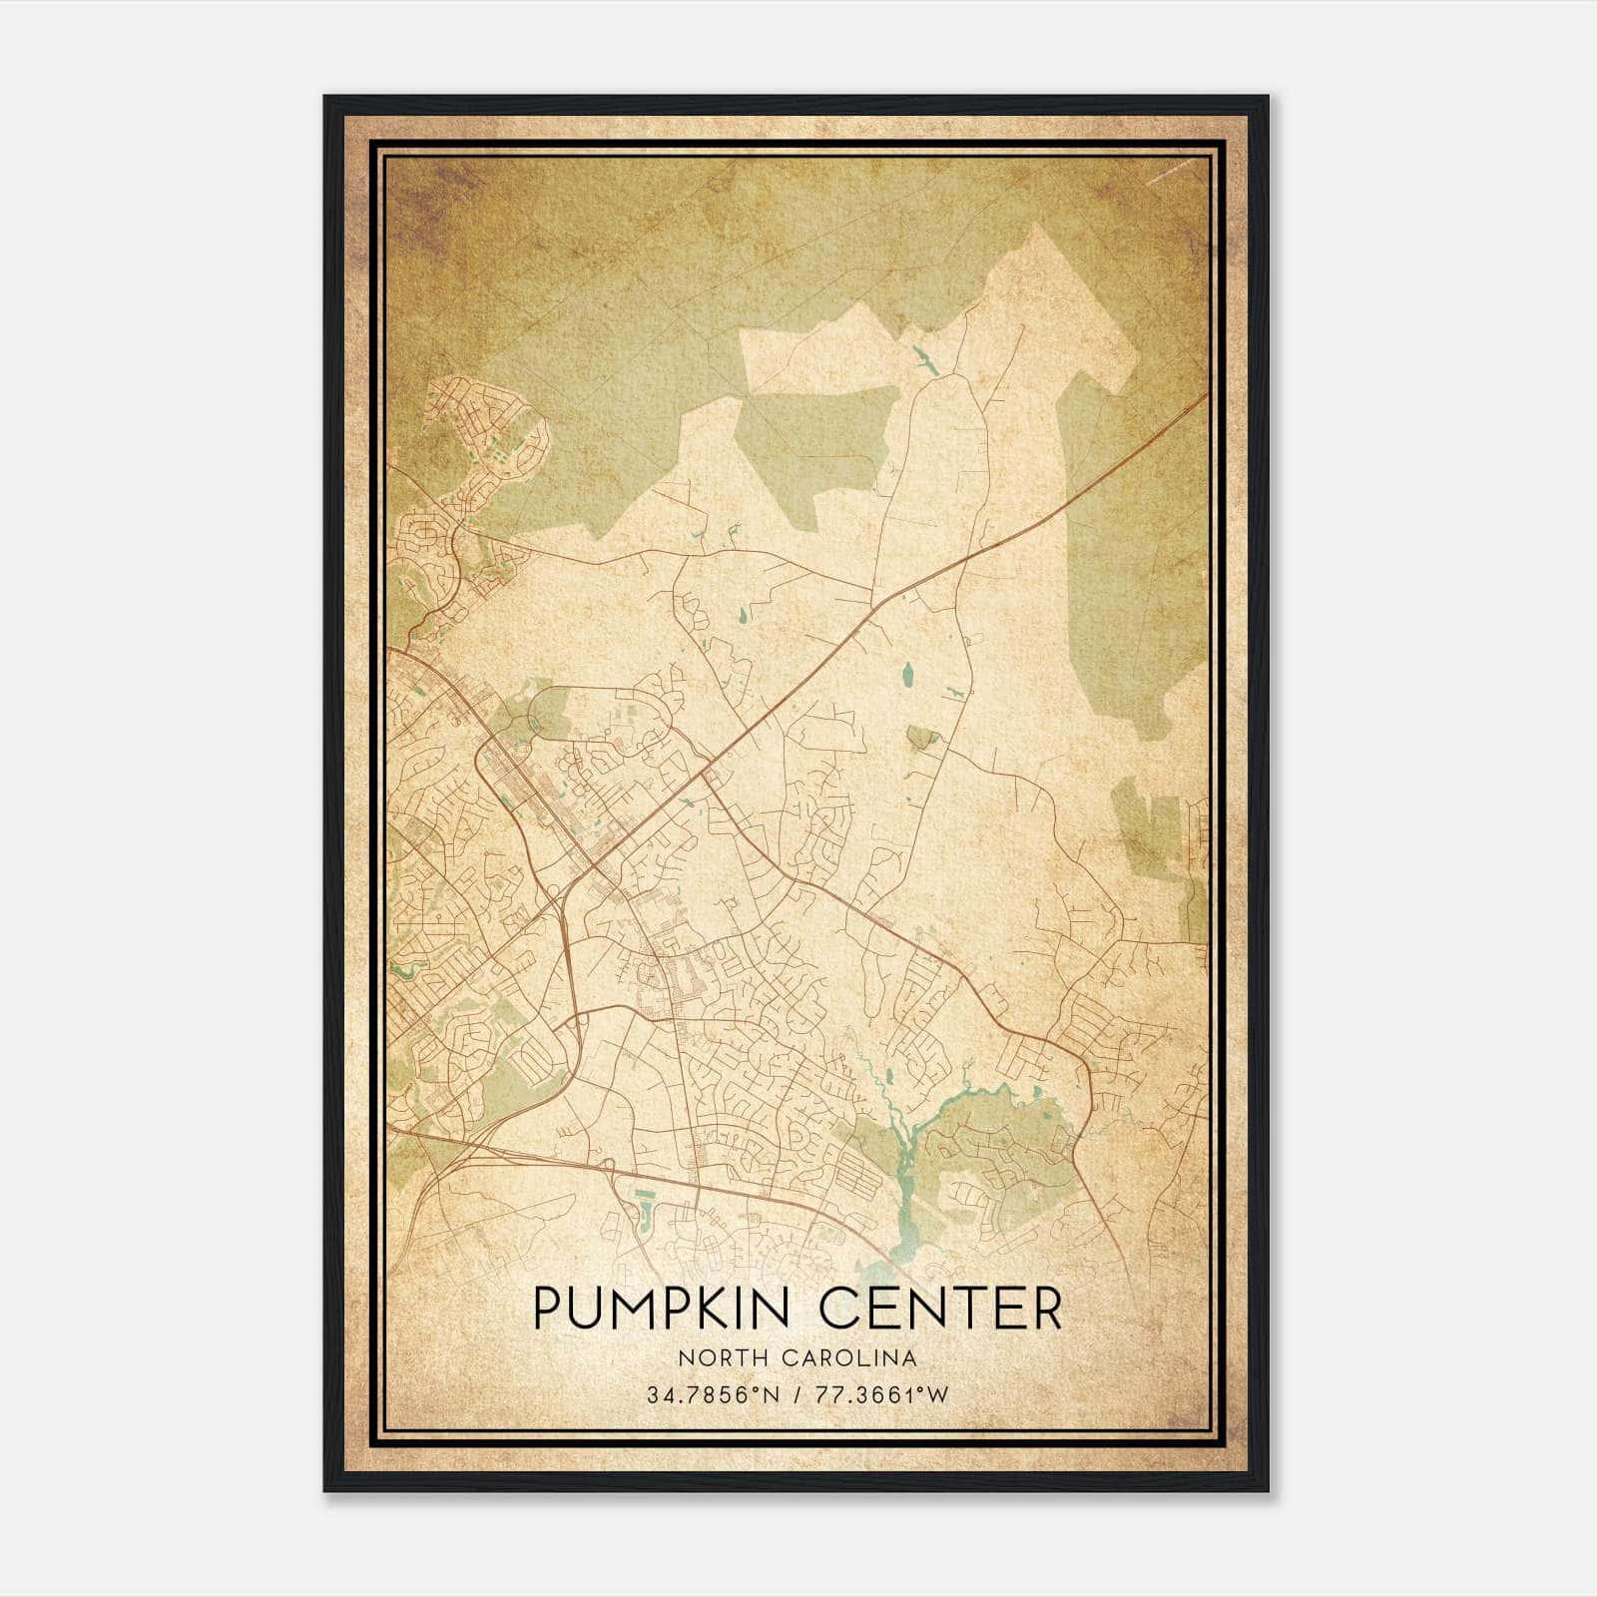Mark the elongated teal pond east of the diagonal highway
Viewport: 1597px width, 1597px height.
point(908,677)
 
